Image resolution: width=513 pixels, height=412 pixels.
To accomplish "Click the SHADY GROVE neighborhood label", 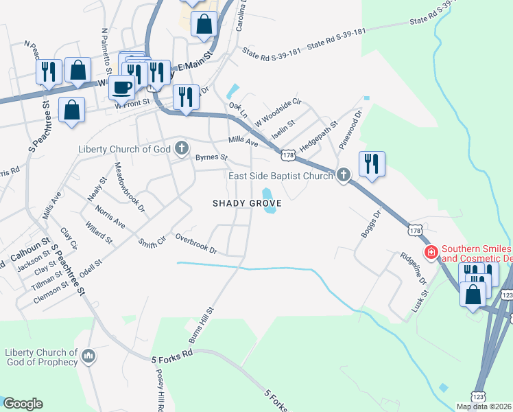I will pos(247,203).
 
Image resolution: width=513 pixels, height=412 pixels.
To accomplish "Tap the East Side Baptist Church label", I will pos(280,176).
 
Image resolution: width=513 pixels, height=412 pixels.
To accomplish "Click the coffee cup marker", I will pos(122,89).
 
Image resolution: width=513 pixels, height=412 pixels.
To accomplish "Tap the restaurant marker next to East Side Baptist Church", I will pos(371,163).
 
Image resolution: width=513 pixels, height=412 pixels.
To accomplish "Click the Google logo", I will pos(23,404).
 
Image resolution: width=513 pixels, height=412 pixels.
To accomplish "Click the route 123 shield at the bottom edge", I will pos(479,396).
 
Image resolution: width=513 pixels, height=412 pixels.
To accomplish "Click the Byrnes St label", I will pos(211,157).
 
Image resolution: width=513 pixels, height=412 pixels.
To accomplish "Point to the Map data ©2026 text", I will pos(484,407).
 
